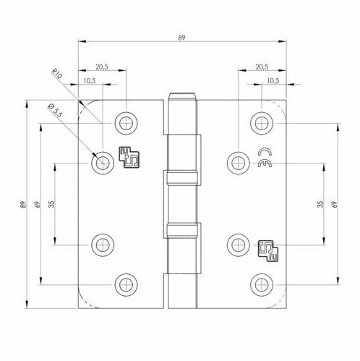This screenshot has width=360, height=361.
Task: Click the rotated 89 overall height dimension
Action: pyautogui.click(x=22, y=205)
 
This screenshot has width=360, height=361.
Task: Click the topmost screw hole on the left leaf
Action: pyautogui.click(x=127, y=121)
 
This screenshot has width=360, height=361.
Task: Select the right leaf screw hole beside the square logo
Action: pyautogui.click(x=236, y=242)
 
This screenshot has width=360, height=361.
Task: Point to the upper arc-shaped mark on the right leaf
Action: pyautogui.click(x=265, y=152)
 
